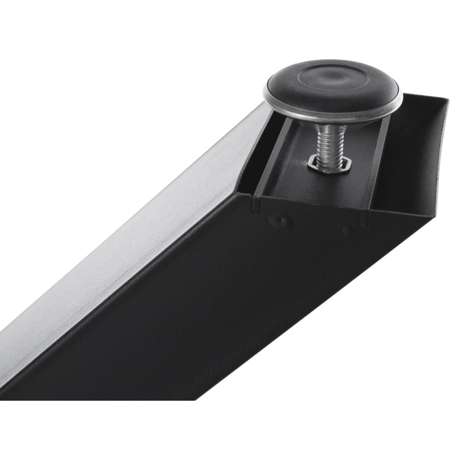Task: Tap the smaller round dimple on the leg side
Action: pyautogui.click(x=347, y=230)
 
